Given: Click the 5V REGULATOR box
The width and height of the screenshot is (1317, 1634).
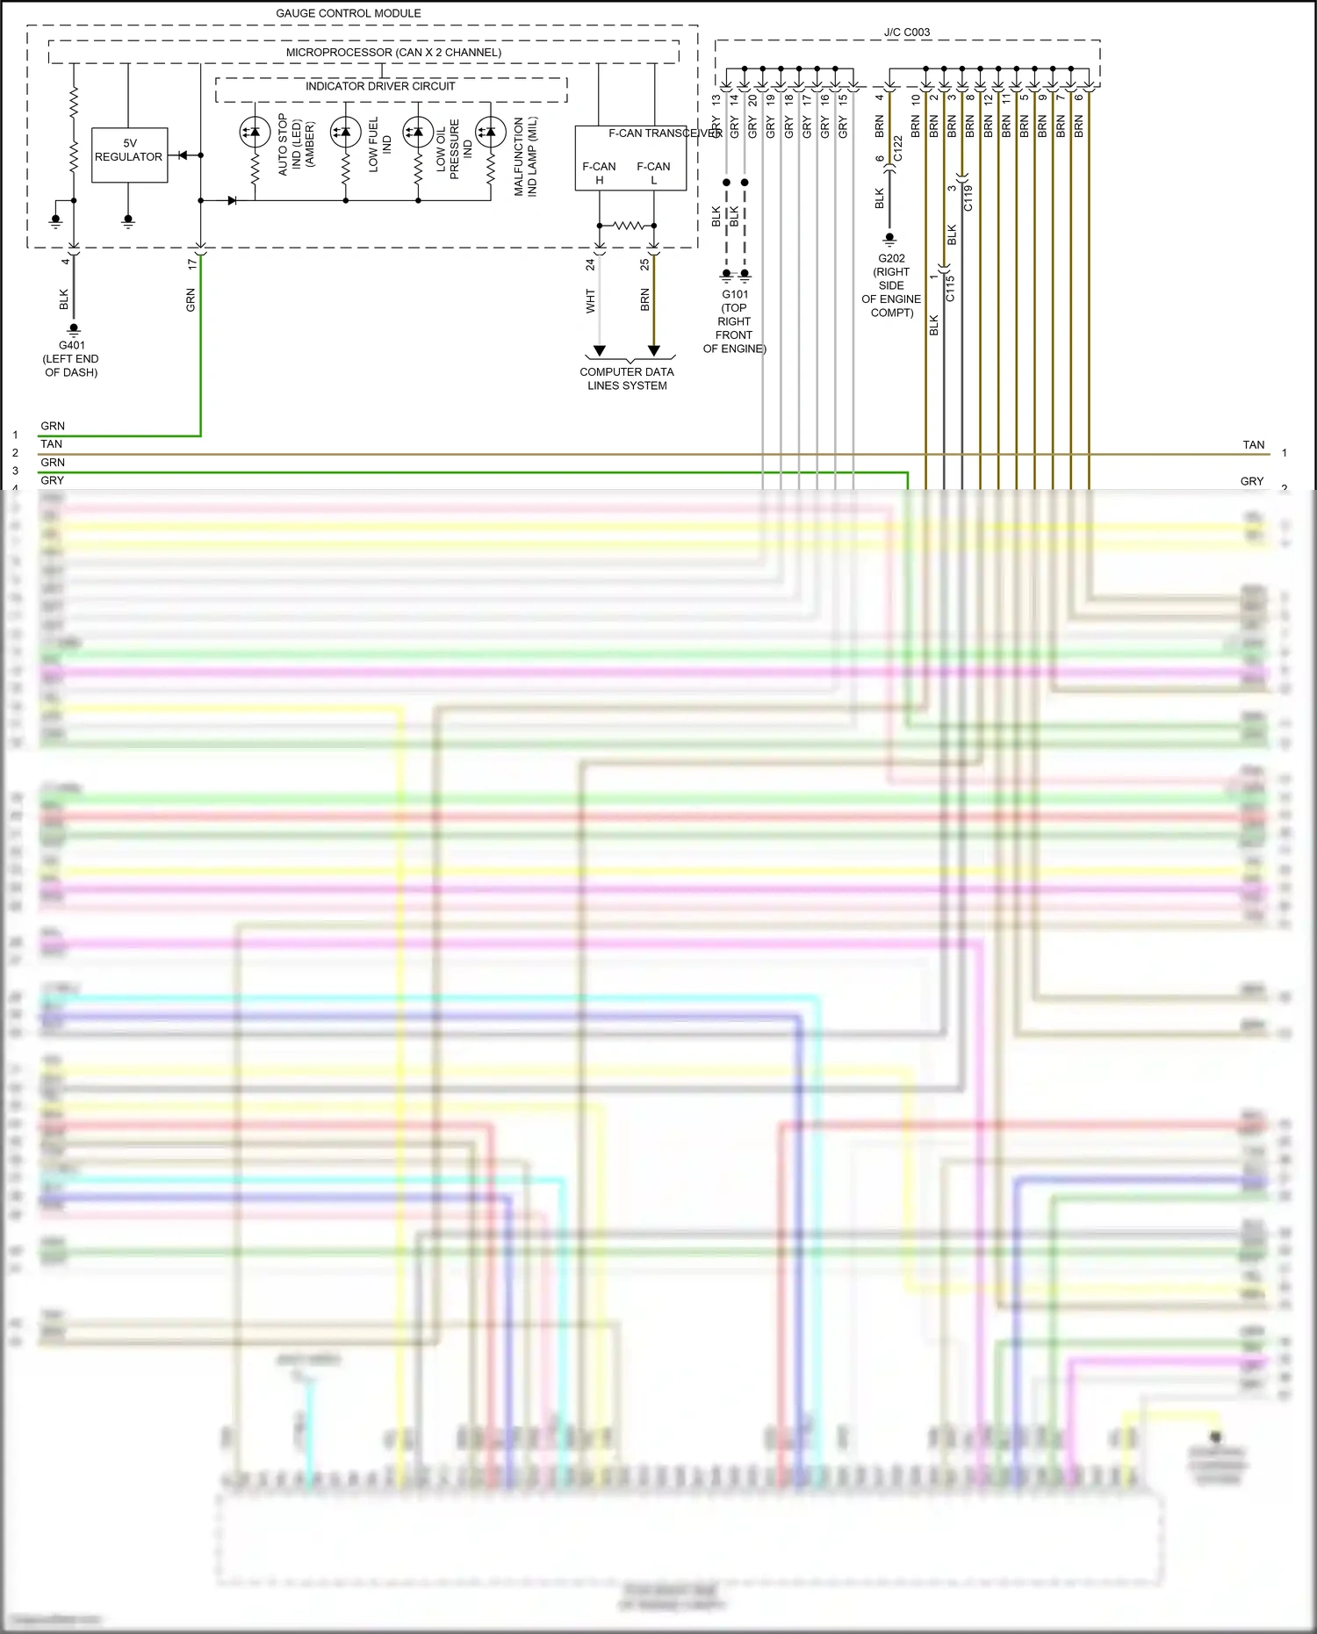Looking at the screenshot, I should [129, 150].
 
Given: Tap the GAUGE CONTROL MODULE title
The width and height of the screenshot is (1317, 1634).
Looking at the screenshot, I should [349, 13].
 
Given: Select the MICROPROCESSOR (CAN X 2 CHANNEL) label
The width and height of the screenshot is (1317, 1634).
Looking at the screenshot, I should [393, 53].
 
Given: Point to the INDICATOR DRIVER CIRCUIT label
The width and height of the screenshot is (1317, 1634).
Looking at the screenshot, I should [380, 86].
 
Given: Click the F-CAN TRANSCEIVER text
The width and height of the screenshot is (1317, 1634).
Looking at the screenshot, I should [665, 133].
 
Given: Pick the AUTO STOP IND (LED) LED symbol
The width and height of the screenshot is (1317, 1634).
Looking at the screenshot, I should [255, 133].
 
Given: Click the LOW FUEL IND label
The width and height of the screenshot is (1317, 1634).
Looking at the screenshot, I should [379, 145].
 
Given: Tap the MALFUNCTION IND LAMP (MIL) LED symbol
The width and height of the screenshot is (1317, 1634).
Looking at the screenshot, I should [490, 133].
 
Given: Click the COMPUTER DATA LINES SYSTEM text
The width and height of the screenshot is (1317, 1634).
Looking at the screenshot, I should [627, 378].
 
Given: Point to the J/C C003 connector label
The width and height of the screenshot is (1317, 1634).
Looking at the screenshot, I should [906, 32].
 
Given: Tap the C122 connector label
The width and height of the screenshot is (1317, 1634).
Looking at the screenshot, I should [897, 148].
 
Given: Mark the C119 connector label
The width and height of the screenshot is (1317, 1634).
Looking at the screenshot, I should [968, 198].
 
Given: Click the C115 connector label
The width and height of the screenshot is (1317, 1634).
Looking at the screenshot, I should [950, 288].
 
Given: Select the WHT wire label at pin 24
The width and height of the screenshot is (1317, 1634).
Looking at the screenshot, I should [591, 300].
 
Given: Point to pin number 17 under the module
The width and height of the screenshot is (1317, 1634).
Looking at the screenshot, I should [192, 263].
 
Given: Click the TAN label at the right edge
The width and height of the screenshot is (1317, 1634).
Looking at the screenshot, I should [1253, 445].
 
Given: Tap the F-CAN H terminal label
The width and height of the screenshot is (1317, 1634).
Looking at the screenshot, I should [599, 172].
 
